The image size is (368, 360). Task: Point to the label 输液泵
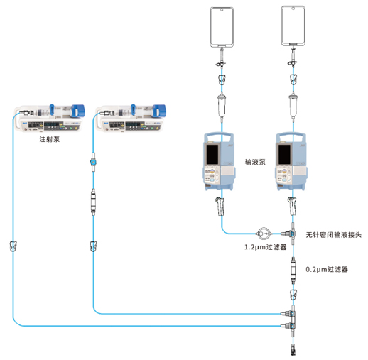254,162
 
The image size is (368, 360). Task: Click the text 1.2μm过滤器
265,247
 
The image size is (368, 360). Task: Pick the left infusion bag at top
222,25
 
